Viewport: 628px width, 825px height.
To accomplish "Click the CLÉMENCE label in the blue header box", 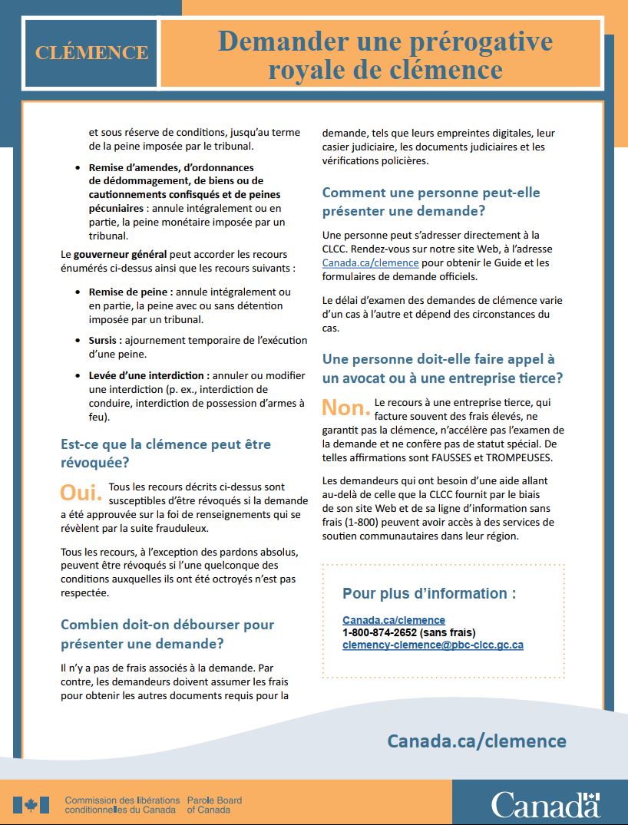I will (91, 53).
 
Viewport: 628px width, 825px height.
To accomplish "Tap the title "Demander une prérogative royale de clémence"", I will (385, 55).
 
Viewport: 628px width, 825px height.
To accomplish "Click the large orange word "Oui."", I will (81, 492).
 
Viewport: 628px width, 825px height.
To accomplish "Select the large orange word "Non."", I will (345, 407).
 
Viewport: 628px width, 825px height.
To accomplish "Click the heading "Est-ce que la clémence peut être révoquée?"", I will (166, 454).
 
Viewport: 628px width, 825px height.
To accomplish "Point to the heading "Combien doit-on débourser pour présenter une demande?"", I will (167, 634).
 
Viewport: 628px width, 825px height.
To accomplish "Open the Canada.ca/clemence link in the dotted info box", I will (394, 620).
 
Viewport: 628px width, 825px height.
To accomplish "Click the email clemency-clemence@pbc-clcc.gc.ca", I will (433, 645).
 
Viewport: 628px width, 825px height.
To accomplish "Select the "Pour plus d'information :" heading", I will (429, 593).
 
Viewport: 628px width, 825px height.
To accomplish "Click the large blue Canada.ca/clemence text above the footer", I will (477, 741).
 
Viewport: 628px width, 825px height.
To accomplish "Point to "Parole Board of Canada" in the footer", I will (214, 805).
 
